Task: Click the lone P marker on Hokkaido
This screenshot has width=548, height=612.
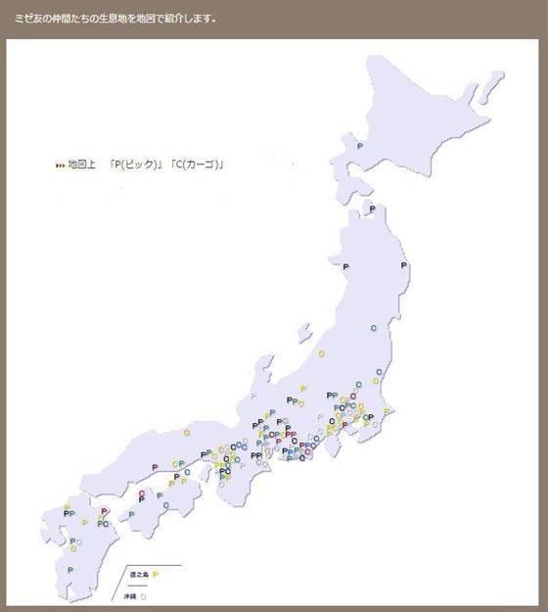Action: tap(360, 147)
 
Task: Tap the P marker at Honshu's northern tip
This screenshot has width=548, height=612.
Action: tap(371, 210)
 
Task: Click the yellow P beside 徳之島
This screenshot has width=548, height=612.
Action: tap(156, 574)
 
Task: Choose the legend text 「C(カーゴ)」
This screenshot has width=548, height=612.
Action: tap(197, 164)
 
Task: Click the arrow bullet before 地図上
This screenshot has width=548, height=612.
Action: tap(61, 165)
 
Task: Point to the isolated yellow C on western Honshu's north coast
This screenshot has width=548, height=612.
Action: tap(186, 432)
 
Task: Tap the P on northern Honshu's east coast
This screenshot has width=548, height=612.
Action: tap(404, 266)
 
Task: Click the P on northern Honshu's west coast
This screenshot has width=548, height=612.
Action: tap(344, 265)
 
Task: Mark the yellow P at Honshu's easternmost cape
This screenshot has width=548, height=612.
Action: tap(387, 410)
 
